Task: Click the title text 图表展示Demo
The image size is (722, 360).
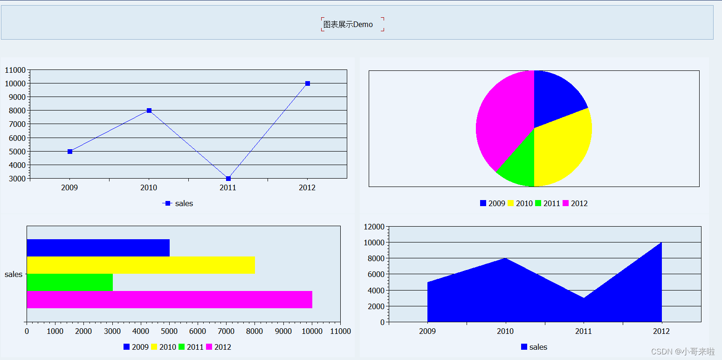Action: (348, 25)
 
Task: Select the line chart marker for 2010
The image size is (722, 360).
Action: (149, 111)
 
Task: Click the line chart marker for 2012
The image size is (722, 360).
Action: (308, 83)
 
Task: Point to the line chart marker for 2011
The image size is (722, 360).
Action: (228, 179)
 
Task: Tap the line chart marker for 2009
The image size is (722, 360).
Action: (70, 152)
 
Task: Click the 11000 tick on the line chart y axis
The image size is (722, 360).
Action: (15, 70)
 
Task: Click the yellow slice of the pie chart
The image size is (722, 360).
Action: (562, 145)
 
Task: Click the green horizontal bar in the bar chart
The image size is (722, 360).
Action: (70, 282)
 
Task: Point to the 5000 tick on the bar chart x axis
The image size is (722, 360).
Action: (169, 331)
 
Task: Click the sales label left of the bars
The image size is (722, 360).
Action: (14, 274)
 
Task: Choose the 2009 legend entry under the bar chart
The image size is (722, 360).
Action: (136, 347)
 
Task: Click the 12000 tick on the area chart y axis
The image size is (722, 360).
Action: (374, 227)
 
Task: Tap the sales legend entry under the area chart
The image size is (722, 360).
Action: (534, 347)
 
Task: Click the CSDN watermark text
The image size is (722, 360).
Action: (683, 351)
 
